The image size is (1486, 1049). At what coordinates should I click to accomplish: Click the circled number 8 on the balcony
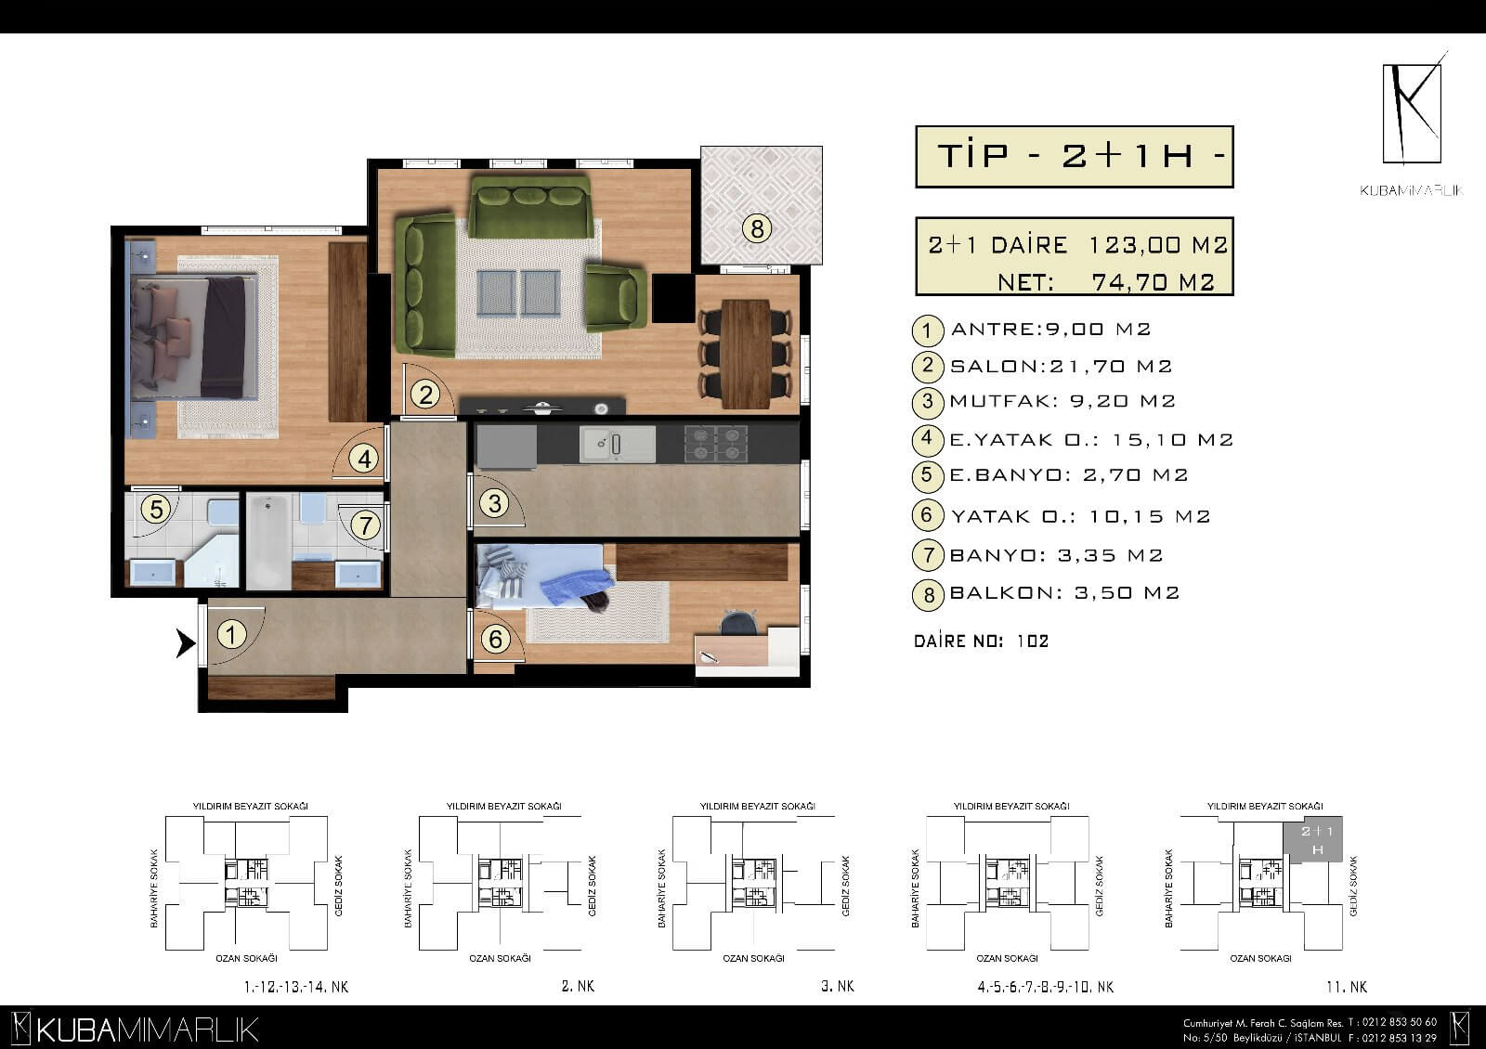(x=757, y=229)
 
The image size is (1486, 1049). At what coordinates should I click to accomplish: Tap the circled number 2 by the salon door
(x=425, y=395)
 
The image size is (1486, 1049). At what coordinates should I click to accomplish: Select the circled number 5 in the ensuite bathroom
(x=156, y=510)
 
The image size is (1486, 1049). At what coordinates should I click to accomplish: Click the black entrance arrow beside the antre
(x=185, y=643)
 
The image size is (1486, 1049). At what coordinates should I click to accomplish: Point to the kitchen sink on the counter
(x=617, y=444)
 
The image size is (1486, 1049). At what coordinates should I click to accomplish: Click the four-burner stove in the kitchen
(x=716, y=444)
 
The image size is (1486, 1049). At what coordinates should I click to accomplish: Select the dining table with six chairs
(x=746, y=354)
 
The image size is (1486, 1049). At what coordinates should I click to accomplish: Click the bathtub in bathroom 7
(x=268, y=541)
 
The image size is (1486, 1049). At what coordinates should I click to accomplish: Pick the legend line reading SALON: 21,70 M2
(x=1061, y=366)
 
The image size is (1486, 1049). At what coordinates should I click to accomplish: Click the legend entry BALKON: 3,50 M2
(x=1064, y=593)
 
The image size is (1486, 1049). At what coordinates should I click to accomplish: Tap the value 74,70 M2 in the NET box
(x=1153, y=282)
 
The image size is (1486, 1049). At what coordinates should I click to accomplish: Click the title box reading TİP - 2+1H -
(x=1074, y=157)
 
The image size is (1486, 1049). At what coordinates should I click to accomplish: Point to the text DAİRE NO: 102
(x=981, y=641)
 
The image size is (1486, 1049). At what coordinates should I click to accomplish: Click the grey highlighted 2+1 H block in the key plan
(x=1313, y=839)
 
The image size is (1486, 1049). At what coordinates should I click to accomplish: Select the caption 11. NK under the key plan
(x=1347, y=988)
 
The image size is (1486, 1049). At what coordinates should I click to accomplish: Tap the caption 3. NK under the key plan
(x=837, y=986)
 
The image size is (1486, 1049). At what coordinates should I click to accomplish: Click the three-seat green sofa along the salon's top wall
(x=530, y=205)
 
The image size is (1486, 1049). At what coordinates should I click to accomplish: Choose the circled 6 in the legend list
(x=928, y=515)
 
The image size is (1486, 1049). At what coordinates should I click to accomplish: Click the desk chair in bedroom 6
(x=739, y=623)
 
